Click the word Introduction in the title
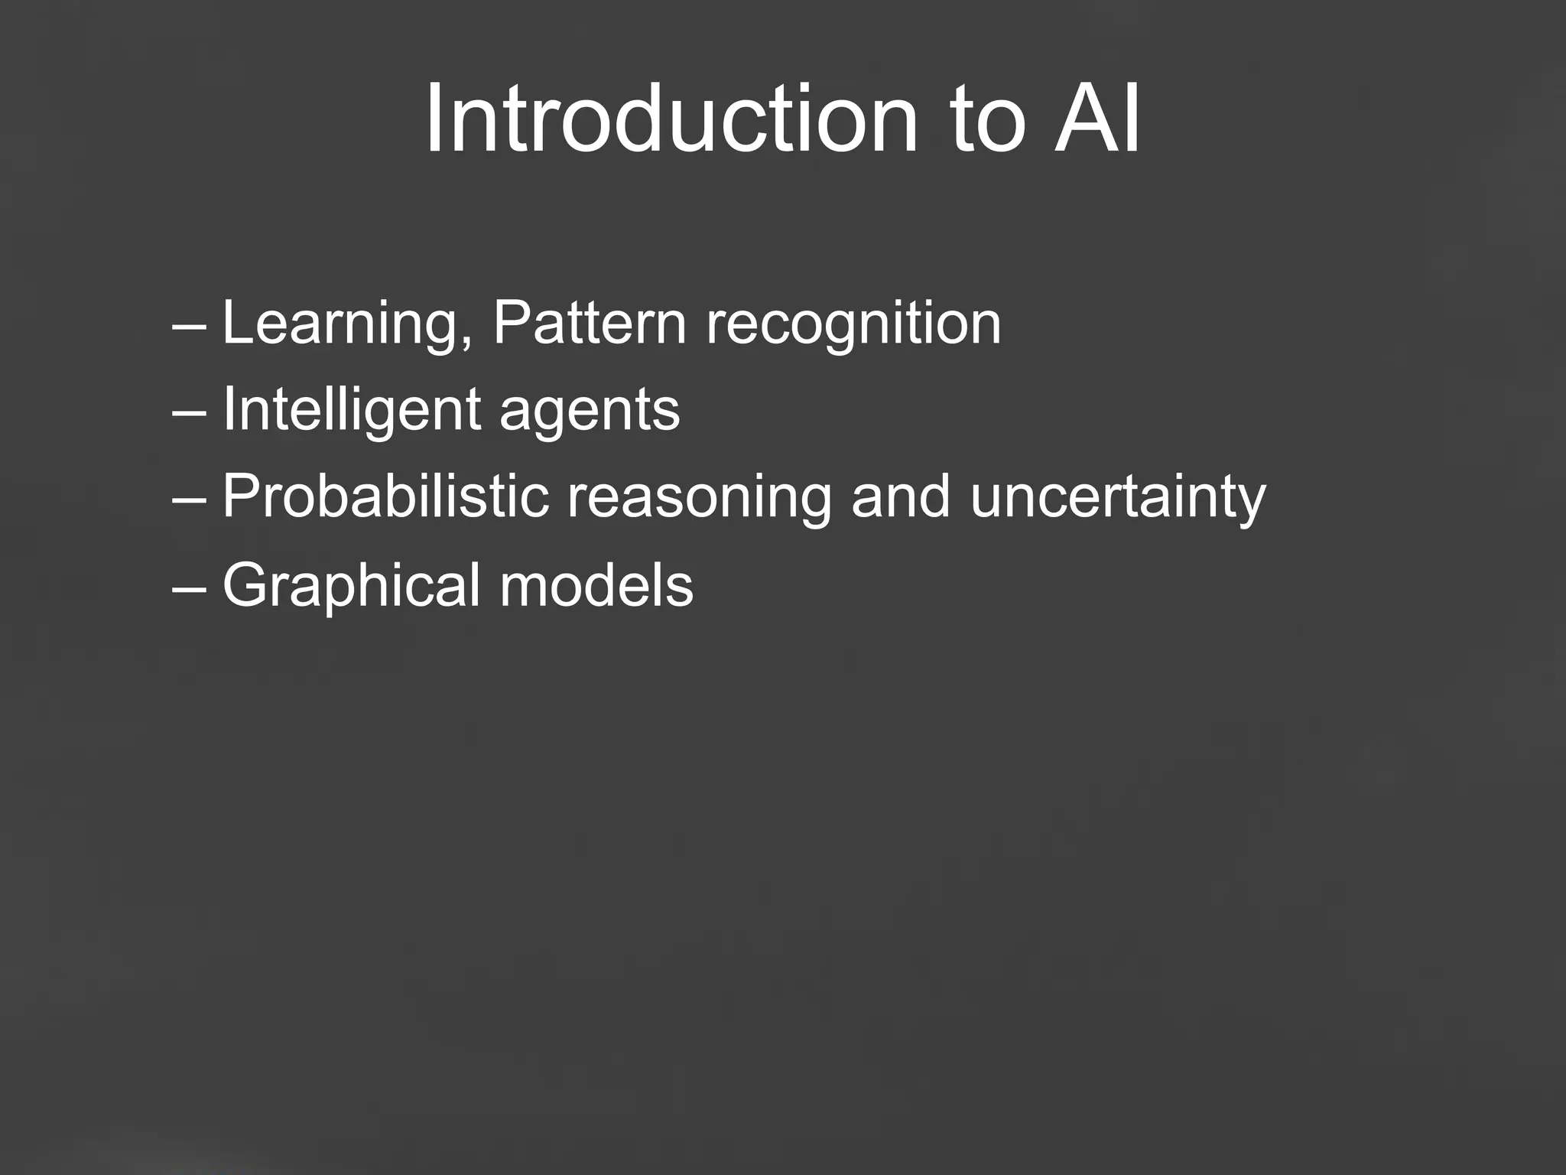click(x=671, y=119)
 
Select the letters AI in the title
click(x=1097, y=119)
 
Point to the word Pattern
click(x=590, y=323)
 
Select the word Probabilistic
click(x=386, y=496)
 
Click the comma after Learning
click(x=466, y=342)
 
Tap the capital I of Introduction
click(x=435, y=119)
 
